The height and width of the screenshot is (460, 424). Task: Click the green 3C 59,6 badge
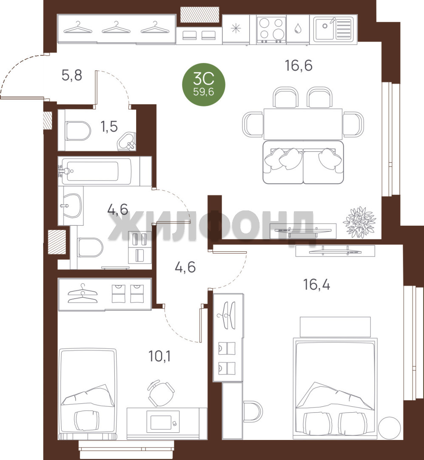(204, 84)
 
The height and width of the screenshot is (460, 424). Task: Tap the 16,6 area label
(299, 66)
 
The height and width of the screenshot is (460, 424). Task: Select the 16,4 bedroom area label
(316, 284)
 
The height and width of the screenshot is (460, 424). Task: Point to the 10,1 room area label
(160, 356)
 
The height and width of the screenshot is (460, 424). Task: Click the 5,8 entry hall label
(72, 75)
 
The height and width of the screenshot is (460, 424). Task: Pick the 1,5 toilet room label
(109, 127)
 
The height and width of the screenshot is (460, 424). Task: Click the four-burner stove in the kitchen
(271, 30)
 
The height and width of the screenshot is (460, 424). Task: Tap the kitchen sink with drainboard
(333, 29)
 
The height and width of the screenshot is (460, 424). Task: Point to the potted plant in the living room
(359, 222)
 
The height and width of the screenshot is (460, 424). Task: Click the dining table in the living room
(303, 124)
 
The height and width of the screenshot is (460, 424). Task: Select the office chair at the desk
(161, 393)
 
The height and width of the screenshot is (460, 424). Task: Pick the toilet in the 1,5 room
(78, 131)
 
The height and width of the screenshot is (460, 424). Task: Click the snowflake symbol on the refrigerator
(236, 29)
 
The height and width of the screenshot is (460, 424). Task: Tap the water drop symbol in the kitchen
(298, 28)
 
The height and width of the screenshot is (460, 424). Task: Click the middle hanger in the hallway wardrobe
(116, 28)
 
